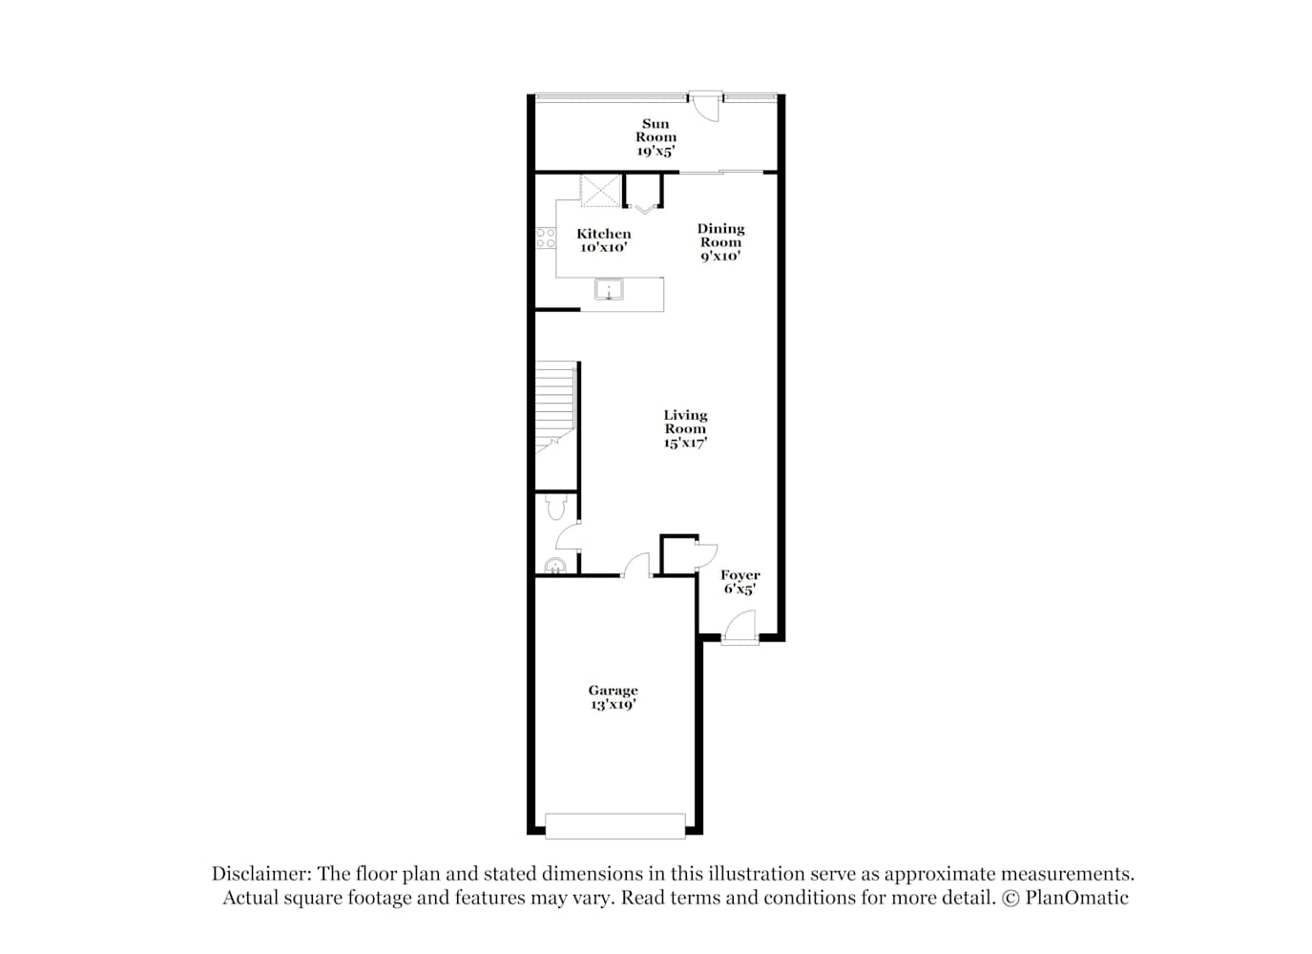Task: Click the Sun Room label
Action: [656, 137]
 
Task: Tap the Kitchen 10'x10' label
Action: [604, 240]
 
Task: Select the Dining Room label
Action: [720, 242]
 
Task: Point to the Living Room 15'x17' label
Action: [685, 429]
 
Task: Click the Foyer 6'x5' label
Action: [739, 582]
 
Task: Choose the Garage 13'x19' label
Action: [613, 697]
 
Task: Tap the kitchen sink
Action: [609, 289]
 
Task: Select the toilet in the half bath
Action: [555, 508]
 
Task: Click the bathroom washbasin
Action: [554, 567]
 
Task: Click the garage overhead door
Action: [615, 826]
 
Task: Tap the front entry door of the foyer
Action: [739, 629]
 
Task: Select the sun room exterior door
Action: [705, 106]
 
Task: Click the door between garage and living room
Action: [636, 566]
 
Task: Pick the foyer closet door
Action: [706, 556]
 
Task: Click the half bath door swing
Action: [568, 535]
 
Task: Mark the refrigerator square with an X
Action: [600, 191]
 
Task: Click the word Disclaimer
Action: [261, 874]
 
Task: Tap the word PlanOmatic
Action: [1076, 898]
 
